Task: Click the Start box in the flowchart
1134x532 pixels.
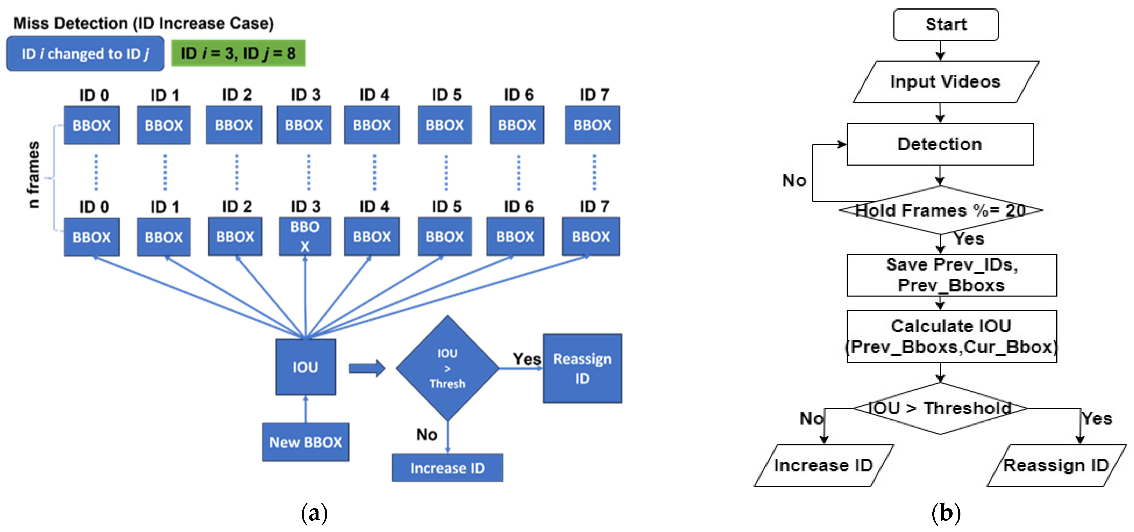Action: [946, 25]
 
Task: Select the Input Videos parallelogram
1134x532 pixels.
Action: [946, 82]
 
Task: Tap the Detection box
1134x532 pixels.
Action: [940, 144]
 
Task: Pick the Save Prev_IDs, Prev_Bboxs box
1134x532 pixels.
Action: [951, 275]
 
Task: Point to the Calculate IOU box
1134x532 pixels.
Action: [951, 336]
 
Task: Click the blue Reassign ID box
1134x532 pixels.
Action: [582, 368]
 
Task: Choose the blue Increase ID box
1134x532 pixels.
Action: [447, 468]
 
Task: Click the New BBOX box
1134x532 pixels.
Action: [305, 442]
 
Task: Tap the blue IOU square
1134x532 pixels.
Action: [305, 367]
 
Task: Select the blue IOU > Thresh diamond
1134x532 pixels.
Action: [447, 368]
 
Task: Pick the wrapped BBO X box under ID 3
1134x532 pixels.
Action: [305, 236]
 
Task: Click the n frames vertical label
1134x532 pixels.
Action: [33, 174]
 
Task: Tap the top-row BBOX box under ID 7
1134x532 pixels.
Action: [592, 125]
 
